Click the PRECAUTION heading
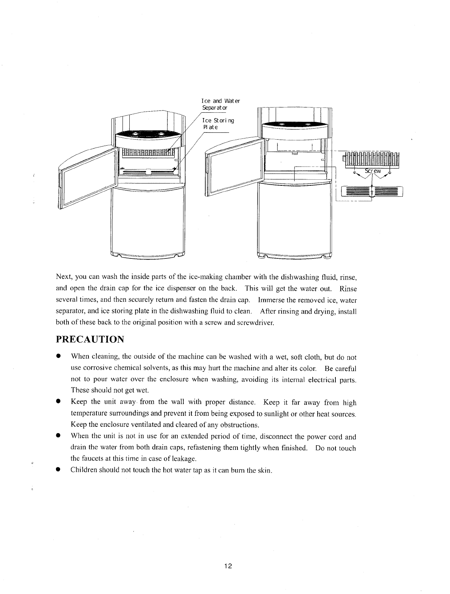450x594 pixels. point(90,338)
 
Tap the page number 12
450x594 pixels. point(228,566)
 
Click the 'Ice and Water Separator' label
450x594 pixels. point(221,104)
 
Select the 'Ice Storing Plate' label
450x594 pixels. point(218,124)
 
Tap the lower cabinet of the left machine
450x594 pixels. point(148,221)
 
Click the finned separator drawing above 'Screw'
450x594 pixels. point(372,159)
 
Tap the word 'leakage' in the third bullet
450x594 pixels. point(181,459)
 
